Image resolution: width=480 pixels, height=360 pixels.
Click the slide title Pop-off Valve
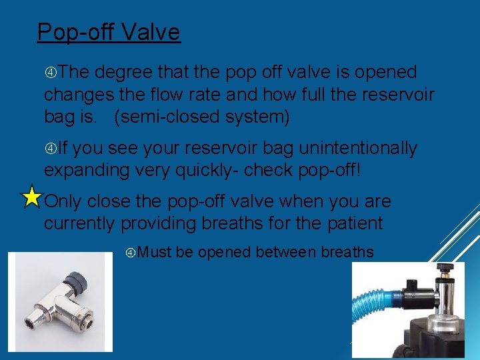(109, 32)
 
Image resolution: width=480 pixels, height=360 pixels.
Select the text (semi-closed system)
(202, 117)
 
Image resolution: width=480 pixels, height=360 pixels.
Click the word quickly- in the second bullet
(207, 170)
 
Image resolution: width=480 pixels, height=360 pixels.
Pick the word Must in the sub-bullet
(156, 253)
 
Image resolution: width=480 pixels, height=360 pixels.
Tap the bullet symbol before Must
(131, 253)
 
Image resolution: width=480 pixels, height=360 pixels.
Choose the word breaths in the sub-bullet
(347, 253)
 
